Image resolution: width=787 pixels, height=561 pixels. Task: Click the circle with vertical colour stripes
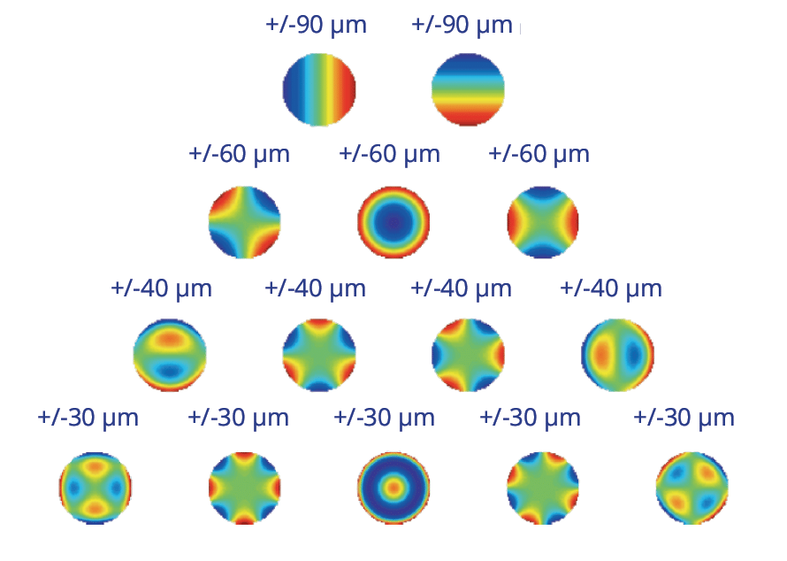click(319, 89)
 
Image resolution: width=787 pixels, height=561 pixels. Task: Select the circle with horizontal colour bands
click(468, 89)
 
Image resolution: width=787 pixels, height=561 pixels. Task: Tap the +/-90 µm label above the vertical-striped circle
click(316, 25)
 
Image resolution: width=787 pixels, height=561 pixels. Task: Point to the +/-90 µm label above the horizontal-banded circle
click(462, 25)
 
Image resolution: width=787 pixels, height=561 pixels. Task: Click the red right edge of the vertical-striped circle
click(349, 89)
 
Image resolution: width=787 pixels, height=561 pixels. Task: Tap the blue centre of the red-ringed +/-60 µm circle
click(393, 222)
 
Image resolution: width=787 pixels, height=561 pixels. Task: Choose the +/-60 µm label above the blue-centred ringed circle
click(389, 154)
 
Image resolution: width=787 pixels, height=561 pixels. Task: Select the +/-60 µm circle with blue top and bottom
click(543, 222)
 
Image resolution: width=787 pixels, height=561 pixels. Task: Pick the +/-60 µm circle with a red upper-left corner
click(244, 222)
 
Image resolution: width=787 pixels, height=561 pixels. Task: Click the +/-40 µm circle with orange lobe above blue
click(170, 355)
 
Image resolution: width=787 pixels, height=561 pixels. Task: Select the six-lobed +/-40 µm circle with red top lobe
click(319, 355)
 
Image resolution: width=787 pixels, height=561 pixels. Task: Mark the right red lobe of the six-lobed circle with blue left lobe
click(499, 355)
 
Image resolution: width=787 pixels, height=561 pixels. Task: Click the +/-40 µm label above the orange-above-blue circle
click(161, 288)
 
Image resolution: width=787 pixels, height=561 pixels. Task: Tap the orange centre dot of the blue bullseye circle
click(393, 488)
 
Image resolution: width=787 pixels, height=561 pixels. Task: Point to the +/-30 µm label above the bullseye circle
click(384, 418)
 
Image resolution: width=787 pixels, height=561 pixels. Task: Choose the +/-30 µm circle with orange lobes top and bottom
click(96, 488)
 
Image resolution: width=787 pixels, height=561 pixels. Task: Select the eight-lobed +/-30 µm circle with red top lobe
click(244, 488)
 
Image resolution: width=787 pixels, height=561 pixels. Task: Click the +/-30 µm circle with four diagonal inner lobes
click(692, 488)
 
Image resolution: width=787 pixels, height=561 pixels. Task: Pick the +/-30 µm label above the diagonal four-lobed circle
click(684, 418)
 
